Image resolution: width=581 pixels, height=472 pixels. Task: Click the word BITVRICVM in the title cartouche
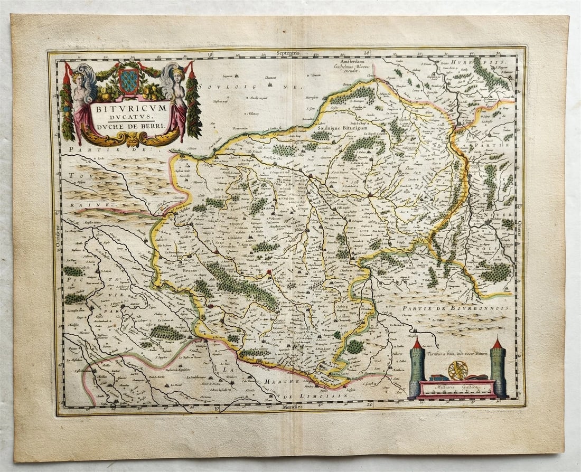[130, 107]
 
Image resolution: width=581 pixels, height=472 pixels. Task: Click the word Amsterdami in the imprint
[349, 61]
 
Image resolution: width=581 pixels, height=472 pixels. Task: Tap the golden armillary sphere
[457, 370]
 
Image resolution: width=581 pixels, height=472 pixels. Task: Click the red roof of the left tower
[417, 343]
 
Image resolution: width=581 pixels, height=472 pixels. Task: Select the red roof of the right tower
[497, 344]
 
